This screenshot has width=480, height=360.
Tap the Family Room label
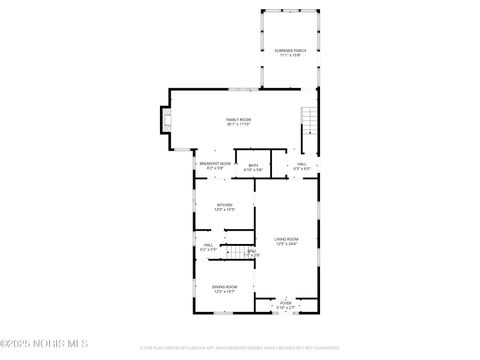click(238, 119)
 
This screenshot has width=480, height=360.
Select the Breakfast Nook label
click(215, 163)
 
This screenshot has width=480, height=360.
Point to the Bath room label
click(253, 164)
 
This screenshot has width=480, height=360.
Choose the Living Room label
click(287, 238)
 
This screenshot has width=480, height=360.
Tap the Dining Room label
click(224, 286)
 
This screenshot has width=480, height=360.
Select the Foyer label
click(285, 301)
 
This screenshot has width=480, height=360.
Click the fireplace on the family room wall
click(163, 120)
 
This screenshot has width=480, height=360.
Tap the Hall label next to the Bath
click(302, 164)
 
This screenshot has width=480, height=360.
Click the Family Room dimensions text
click(238, 124)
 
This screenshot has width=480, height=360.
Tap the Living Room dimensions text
click(287, 243)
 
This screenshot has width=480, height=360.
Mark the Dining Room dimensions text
click(224, 291)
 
